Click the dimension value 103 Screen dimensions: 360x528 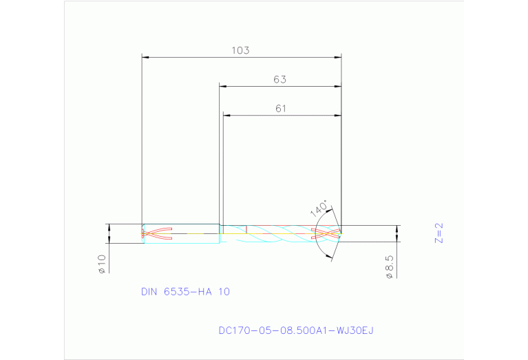240,50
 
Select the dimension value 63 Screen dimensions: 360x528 279,79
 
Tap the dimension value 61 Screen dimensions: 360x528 280,108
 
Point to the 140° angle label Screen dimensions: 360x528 319,208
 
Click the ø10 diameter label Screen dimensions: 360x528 101,264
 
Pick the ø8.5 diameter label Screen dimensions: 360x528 390,267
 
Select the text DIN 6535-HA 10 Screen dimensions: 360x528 185,291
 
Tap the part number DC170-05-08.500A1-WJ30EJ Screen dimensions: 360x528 295,330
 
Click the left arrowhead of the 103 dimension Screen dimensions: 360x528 145,56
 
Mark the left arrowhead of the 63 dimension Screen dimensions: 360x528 223,86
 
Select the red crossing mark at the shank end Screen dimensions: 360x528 157,233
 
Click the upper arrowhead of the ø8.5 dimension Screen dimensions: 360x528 397,229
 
